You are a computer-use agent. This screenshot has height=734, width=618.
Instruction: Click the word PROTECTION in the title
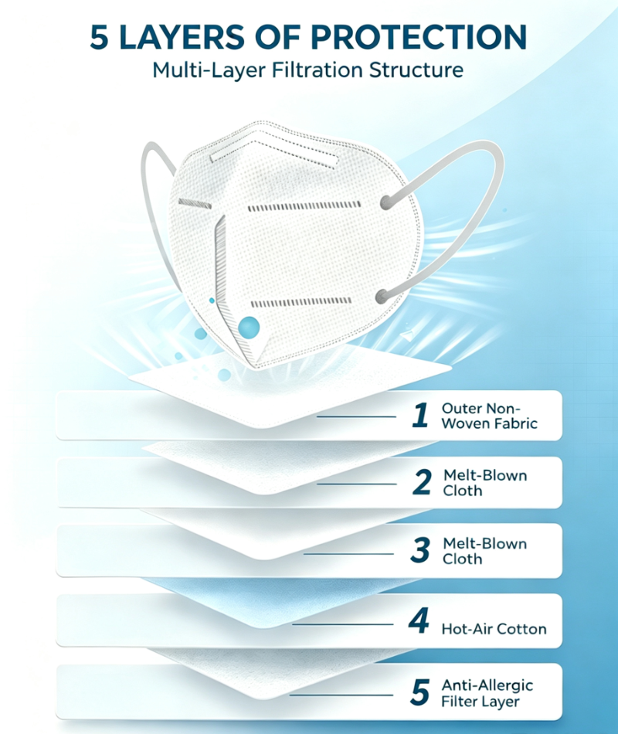(419, 36)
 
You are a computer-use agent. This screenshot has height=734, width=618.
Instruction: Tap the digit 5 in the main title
(99, 37)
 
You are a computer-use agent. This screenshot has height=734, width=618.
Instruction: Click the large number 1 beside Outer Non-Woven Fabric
(420, 415)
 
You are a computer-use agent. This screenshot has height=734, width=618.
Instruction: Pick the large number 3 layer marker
(420, 550)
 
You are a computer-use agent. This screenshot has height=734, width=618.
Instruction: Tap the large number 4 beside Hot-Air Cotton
(419, 620)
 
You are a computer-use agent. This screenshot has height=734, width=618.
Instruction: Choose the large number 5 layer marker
(419, 692)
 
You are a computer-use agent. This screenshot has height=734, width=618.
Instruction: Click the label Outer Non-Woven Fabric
(489, 416)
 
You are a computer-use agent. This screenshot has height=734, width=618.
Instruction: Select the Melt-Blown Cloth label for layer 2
(485, 483)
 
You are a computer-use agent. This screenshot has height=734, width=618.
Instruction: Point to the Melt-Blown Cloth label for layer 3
(484, 551)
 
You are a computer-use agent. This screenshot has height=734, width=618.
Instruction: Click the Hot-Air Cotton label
(494, 629)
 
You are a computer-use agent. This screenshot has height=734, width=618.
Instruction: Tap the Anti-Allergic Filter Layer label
(487, 693)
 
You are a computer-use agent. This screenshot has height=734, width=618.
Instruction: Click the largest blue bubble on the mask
(249, 328)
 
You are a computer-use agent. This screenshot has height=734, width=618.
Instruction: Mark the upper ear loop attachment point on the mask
(385, 202)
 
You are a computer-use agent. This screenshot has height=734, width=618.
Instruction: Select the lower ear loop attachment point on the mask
(383, 296)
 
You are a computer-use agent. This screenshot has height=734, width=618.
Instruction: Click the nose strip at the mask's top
(274, 158)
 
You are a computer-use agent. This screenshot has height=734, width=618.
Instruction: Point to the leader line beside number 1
(356, 416)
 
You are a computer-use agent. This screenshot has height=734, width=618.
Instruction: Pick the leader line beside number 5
(341, 695)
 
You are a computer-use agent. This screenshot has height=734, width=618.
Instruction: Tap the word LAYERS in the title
(182, 37)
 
